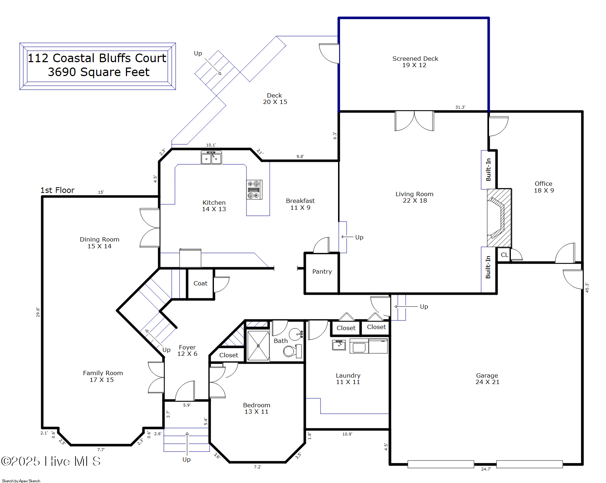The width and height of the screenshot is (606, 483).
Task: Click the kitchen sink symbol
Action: click(211, 158)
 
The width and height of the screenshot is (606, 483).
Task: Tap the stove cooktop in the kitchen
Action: click(254, 190)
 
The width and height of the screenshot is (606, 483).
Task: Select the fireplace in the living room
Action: click(499, 218)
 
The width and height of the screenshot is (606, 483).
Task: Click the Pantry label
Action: click(322, 272)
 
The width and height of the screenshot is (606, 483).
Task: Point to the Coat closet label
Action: click(200, 283)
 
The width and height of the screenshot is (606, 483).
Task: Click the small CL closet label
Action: click(504, 255)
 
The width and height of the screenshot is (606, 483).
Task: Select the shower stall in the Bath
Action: click(258, 345)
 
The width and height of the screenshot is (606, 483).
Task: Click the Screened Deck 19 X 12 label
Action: click(415, 61)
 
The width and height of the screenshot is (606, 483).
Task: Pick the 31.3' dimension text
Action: click(460, 107)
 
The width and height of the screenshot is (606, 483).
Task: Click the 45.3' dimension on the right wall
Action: click(587, 288)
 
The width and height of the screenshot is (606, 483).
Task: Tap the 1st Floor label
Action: click(57, 190)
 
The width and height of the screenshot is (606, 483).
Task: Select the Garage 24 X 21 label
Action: click(487, 379)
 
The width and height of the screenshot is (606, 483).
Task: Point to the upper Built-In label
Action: click(488, 170)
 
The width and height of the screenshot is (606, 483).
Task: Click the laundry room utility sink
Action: click(339, 345)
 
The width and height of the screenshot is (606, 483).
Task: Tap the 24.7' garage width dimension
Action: click(486, 469)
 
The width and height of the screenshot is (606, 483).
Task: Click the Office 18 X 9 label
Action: click(544, 187)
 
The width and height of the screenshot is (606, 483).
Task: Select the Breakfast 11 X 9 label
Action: click(300, 204)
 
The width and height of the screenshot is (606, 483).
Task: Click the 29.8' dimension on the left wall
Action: click(38, 312)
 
